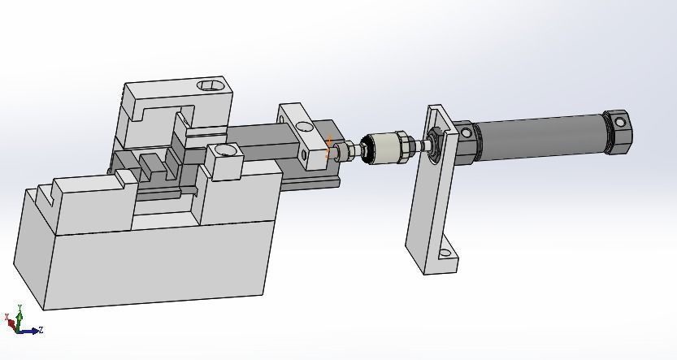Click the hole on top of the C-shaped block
pos(210,85)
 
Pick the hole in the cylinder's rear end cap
pos(620,123)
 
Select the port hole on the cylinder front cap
pos(465,132)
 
